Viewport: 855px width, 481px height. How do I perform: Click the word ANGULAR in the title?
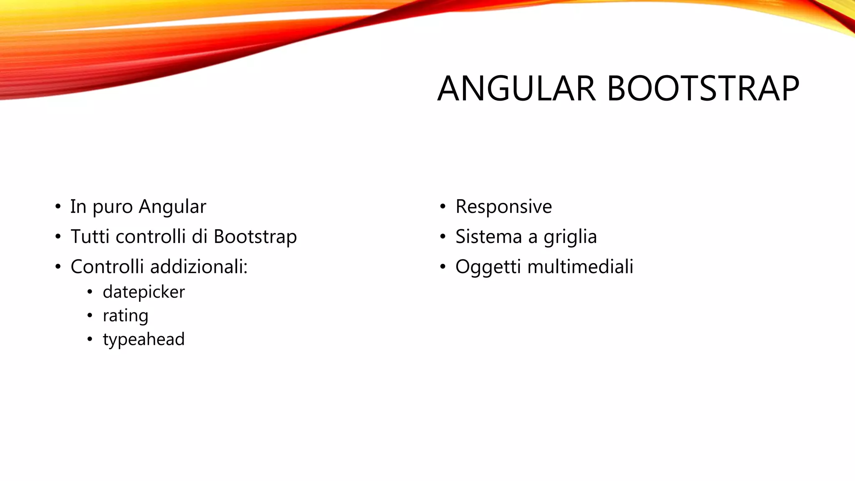pyautogui.click(x=516, y=89)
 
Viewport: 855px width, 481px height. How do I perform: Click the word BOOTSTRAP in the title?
pyautogui.click(x=703, y=89)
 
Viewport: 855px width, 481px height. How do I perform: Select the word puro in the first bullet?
pyautogui.click(x=113, y=207)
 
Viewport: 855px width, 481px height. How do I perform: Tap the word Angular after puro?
pyautogui.click(x=172, y=207)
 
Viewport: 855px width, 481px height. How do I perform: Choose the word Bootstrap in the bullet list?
pyautogui.click(x=255, y=237)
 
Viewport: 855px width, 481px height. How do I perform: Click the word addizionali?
pyautogui.click(x=199, y=267)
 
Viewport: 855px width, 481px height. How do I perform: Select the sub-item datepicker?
pyautogui.click(x=144, y=292)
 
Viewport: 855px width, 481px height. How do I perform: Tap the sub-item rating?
pyautogui.click(x=125, y=316)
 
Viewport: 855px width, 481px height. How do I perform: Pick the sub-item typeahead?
pyautogui.click(x=144, y=339)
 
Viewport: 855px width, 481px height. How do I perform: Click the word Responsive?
pyautogui.click(x=503, y=207)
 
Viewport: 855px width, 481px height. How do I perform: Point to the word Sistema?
pyautogui.click(x=488, y=237)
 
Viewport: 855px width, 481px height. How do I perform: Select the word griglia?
pyautogui.click(x=570, y=237)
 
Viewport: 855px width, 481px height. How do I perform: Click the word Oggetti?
pyautogui.click(x=488, y=267)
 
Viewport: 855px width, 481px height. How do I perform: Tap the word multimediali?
pyautogui.click(x=580, y=267)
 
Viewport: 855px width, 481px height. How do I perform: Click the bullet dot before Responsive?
pyautogui.click(x=443, y=207)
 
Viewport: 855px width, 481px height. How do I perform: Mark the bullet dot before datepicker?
pyautogui.click(x=90, y=292)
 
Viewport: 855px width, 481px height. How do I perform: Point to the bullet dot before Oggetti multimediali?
pyautogui.click(x=443, y=267)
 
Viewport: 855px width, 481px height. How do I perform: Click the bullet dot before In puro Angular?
pyautogui.click(x=58, y=207)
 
